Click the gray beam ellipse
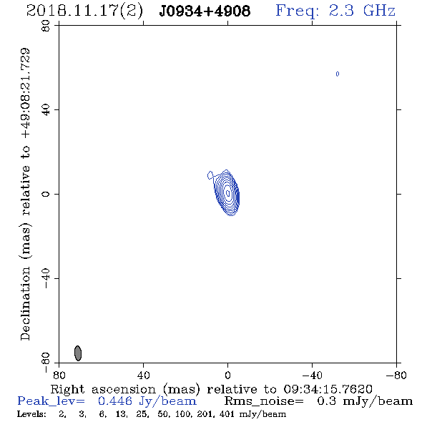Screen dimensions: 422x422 tap(78, 353)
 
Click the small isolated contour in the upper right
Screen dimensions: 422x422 tap(338, 74)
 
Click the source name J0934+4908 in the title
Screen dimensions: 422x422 tap(205, 11)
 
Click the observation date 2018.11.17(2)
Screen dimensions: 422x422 tap(84, 11)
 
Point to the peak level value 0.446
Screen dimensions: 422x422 tap(115, 401)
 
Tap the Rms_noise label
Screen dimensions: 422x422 tap(264, 401)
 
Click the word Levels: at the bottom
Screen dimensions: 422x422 tap(31, 413)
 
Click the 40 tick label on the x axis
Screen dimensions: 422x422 tap(143, 376)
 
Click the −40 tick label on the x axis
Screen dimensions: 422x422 tap(312, 376)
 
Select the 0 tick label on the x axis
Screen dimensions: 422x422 tap(227, 376)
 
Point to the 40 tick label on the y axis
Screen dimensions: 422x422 tap(46, 110)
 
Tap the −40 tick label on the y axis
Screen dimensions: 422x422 tap(46, 278)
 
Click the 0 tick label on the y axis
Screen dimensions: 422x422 tap(46, 194)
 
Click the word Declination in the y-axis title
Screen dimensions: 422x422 tap(25, 303)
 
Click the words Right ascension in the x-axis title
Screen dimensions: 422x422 tap(103, 389)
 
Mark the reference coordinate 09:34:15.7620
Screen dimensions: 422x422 tap(328, 389)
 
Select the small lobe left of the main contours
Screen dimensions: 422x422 tap(210, 175)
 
